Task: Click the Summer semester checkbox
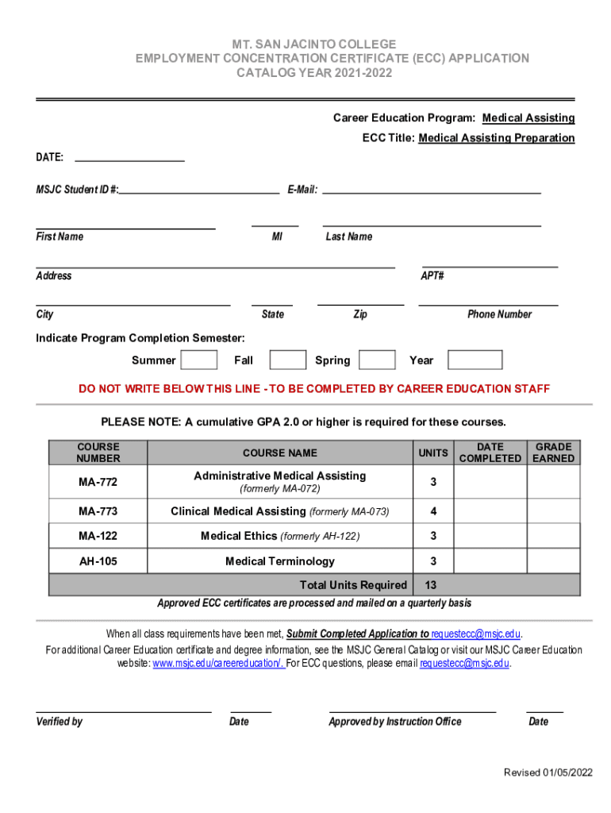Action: click(199, 360)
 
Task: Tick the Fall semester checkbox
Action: click(287, 360)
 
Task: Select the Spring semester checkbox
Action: click(377, 360)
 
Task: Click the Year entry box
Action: click(475, 360)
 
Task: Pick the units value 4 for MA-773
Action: click(433, 511)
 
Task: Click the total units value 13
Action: click(430, 585)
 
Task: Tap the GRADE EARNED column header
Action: click(554, 453)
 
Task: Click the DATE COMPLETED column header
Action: click(490, 453)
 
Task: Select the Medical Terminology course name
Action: click(280, 561)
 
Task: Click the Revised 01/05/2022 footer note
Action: click(548, 773)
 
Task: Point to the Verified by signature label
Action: click(60, 722)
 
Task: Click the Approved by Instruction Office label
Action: click(394, 722)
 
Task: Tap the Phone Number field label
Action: click(499, 314)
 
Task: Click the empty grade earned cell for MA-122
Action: click(554, 536)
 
